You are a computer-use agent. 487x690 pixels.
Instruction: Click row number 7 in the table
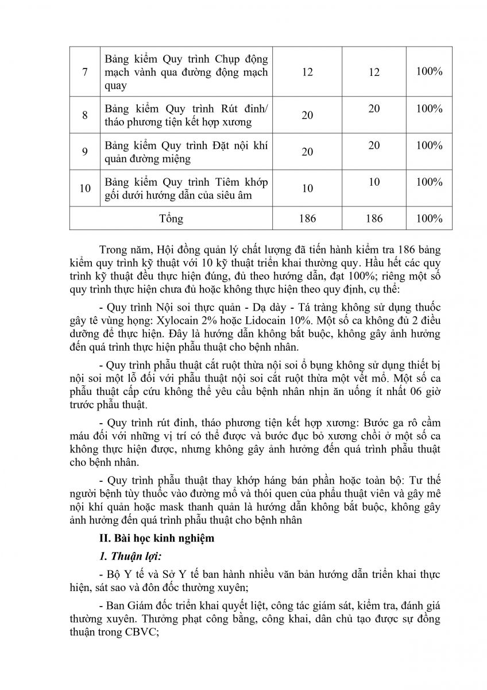[85, 73]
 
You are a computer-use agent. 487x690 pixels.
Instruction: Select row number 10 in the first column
[85, 188]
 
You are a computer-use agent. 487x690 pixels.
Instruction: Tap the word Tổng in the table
[171, 218]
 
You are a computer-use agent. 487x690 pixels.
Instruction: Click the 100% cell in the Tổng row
[429, 218]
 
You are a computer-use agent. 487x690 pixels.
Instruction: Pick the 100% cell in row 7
[429, 72]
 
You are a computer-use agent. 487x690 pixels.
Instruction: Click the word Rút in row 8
[207, 109]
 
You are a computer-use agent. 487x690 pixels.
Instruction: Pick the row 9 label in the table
[85, 152]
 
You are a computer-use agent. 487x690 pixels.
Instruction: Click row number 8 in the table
[85, 115]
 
